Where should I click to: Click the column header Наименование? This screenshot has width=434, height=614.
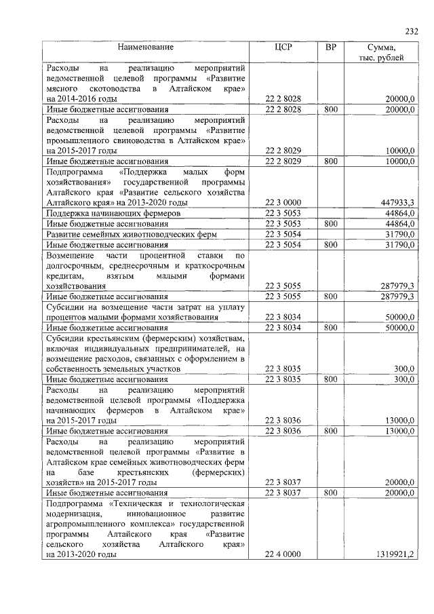[145, 47]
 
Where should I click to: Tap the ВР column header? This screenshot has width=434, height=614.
[331, 47]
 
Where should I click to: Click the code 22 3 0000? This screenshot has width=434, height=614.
[283, 202]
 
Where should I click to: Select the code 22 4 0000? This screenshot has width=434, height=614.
[283, 554]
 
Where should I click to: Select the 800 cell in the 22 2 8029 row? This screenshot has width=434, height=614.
[331, 161]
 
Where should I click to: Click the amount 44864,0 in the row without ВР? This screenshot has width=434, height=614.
[397, 213]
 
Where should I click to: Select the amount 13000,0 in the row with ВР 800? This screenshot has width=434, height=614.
[397, 431]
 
